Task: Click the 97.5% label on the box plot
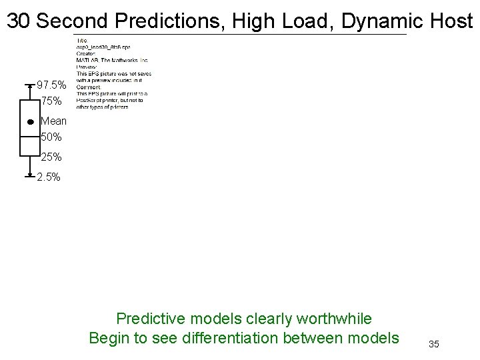51,85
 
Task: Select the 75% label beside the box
51,102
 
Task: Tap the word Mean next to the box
53,121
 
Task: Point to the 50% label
51,137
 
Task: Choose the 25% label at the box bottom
51,157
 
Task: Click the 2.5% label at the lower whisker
49,177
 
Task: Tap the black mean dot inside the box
31,123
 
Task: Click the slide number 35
433,344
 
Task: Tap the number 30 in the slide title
19,21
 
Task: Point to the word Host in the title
451,21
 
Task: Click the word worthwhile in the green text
331,319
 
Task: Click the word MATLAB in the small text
87,61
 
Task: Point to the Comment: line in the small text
89,87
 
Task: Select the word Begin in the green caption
109,338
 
